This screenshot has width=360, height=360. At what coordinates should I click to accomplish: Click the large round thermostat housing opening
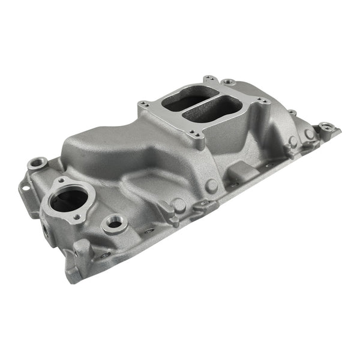point(68,199)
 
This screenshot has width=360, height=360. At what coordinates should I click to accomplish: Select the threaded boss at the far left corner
point(37,163)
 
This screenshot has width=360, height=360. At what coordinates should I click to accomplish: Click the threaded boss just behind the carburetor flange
point(228,82)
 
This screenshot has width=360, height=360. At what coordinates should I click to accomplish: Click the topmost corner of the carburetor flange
point(209,79)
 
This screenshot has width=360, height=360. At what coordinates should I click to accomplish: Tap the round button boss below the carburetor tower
point(211,185)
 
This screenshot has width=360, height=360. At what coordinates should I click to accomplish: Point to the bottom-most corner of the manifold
point(73,277)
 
